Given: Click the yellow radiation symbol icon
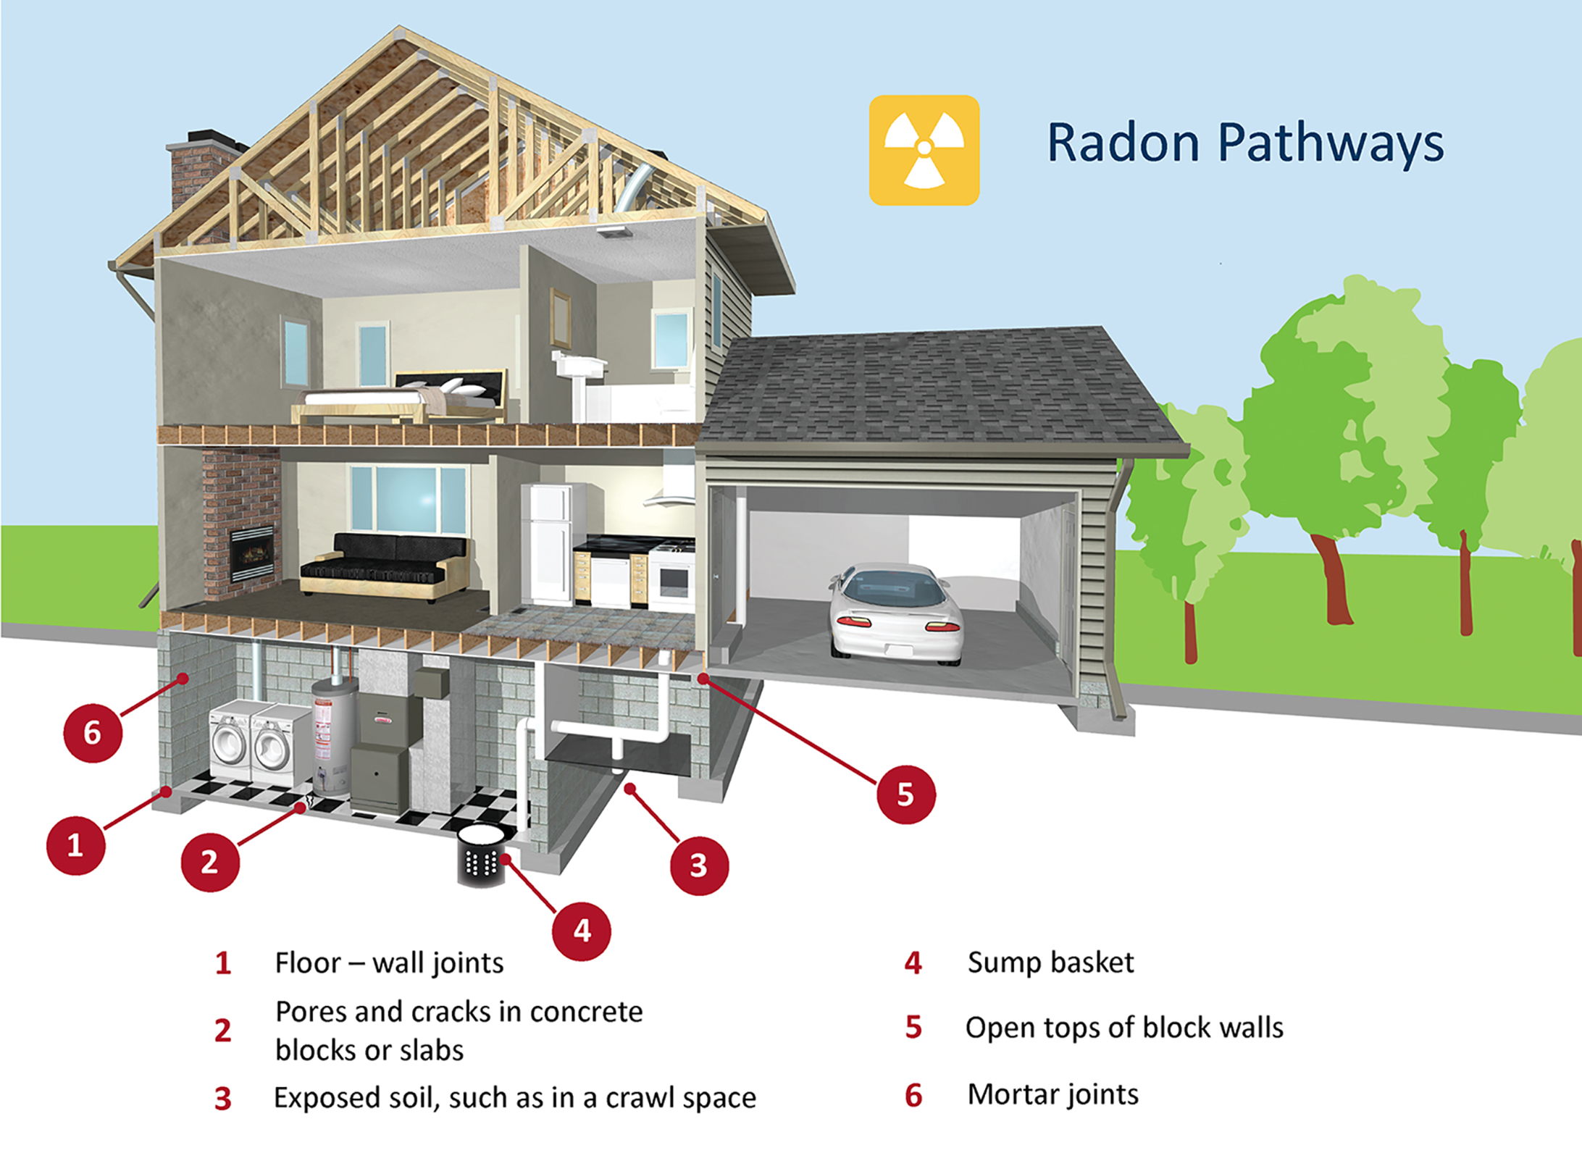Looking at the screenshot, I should (x=924, y=150).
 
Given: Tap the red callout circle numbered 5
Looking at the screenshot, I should (x=905, y=794).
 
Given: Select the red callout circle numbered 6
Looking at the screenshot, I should (x=93, y=732).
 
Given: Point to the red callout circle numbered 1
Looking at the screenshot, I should (x=75, y=845).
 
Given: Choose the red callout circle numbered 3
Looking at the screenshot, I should (x=698, y=865).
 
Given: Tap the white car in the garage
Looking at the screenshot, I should (x=897, y=612).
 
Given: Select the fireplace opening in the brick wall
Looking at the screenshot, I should (x=251, y=554).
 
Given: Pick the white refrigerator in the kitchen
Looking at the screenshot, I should (x=550, y=543).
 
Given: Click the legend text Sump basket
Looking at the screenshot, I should (x=1050, y=963).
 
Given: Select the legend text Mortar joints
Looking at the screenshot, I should (x=1052, y=1094).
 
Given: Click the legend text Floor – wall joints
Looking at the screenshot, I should (x=389, y=963).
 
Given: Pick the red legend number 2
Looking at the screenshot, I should (x=222, y=1030).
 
